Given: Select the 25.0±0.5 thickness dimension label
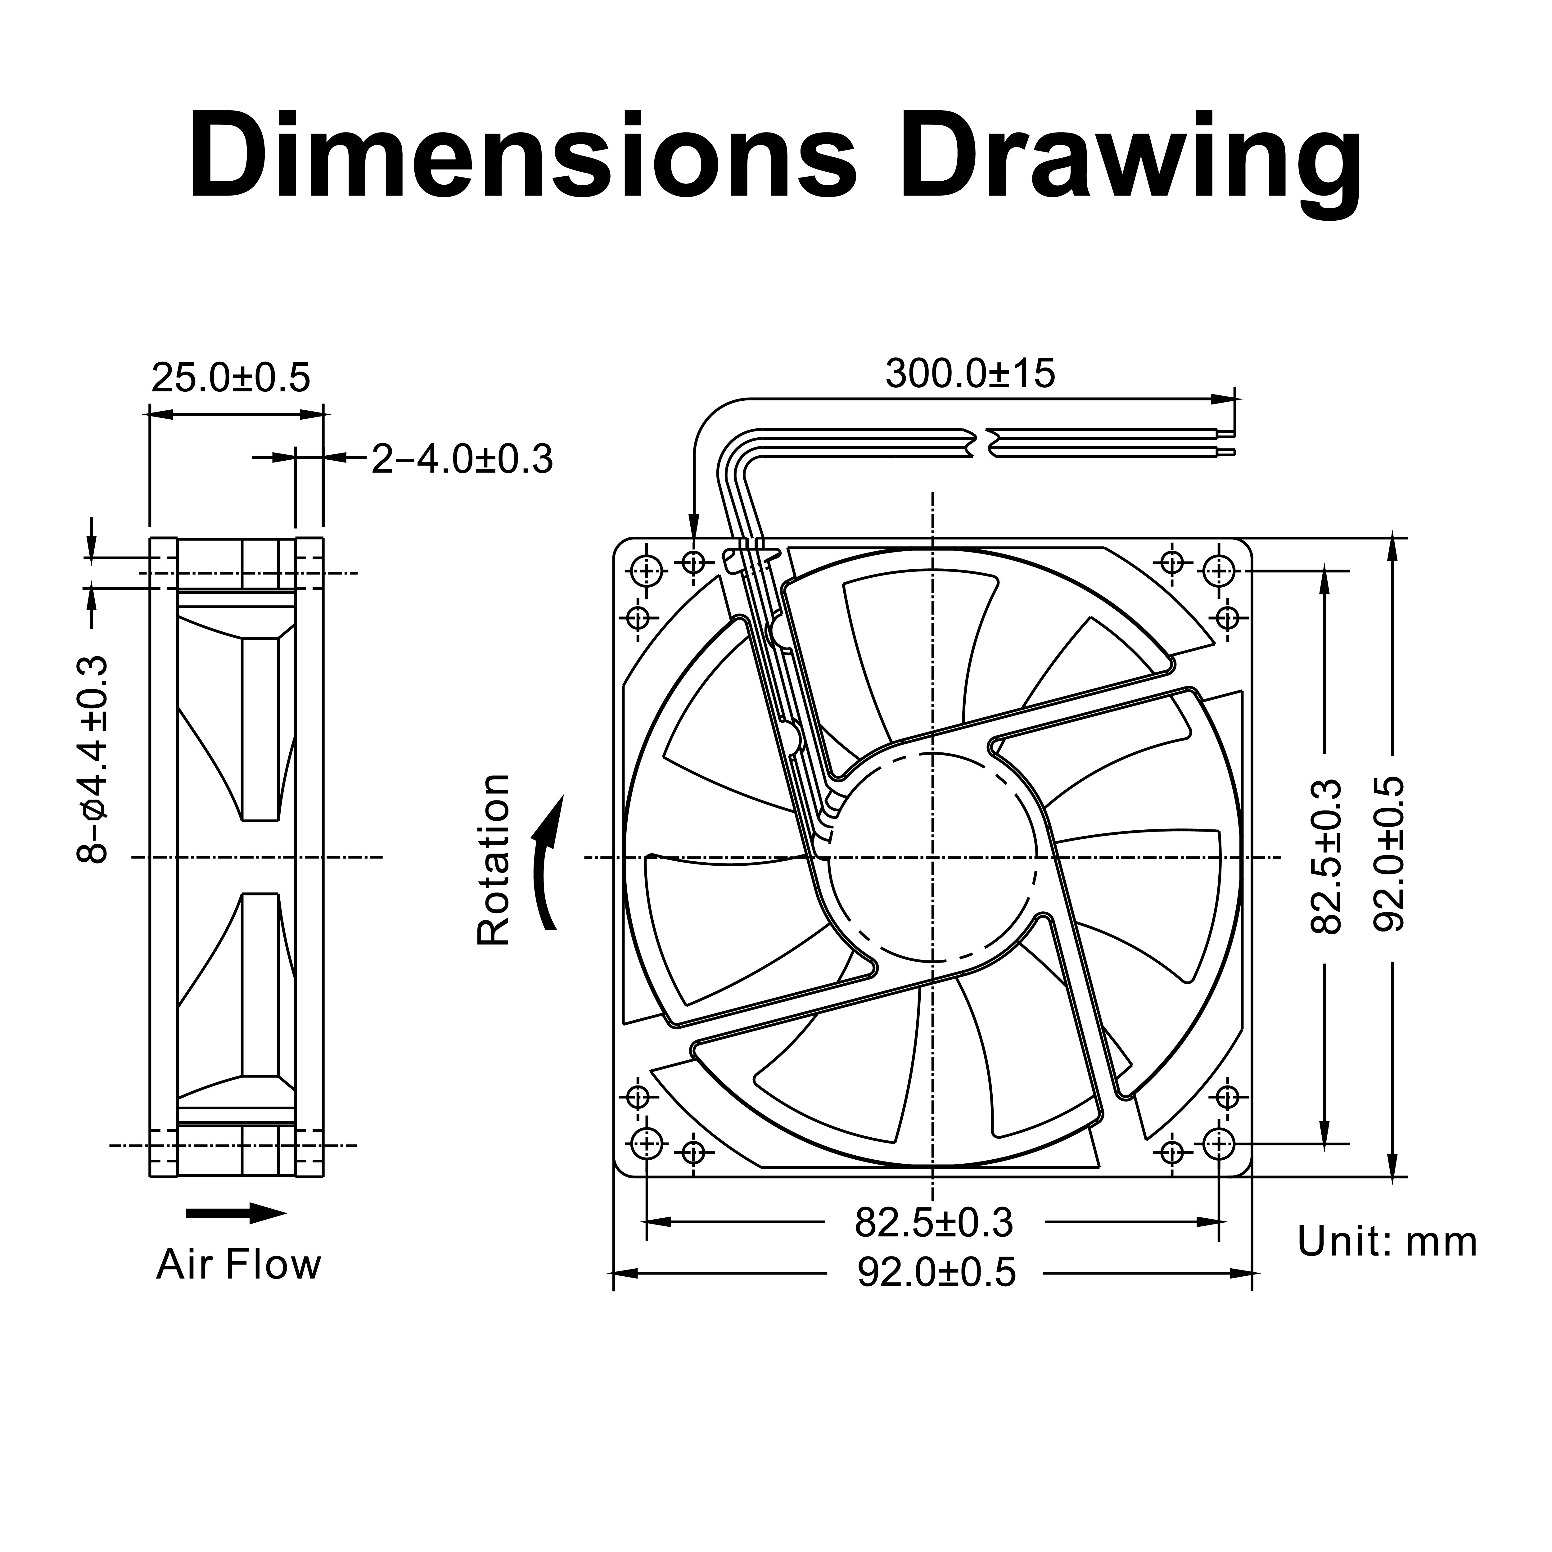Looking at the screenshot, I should click(231, 377).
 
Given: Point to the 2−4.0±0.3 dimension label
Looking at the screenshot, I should click(462, 459).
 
